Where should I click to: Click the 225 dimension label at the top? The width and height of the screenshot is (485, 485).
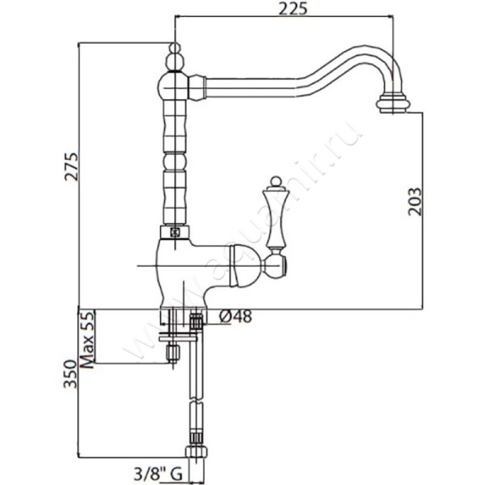[x=293, y=8]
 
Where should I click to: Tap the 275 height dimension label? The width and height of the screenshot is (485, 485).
[x=72, y=166]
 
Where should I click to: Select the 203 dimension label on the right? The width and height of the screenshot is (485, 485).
[x=415, y=201]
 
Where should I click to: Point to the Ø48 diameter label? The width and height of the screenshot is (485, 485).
[x=235, y=316]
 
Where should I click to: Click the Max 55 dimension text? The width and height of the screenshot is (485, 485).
[x=87, y=339]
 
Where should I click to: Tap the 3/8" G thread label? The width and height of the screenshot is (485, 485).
[x=158, y=473]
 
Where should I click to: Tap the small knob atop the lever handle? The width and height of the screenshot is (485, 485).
[x=276, y=182]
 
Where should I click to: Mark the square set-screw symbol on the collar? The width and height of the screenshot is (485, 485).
[x=175, y=232]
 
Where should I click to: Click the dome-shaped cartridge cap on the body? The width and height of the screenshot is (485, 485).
[x=247, y=266]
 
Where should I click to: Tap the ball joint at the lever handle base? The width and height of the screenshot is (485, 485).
[x=275, y=266]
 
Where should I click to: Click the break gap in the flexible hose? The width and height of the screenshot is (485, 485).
[x=196, y=401]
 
